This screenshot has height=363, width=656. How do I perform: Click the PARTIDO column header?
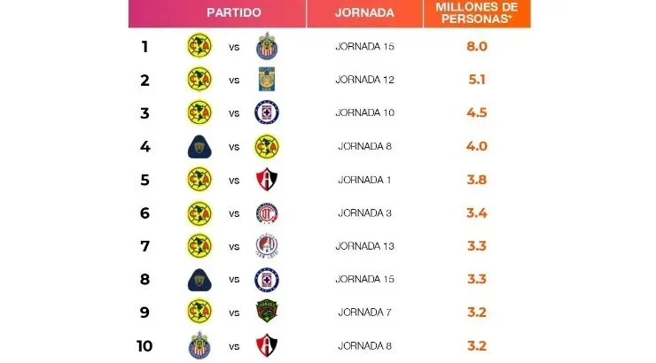click(x=233, y=13)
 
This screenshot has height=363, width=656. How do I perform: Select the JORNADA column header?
click(x=364, y=13)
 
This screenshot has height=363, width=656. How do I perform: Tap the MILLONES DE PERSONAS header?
click(x=476, y=13)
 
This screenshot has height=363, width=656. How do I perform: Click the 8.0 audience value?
click(x=477, y=46)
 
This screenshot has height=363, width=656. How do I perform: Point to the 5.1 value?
click(x=477, y=80)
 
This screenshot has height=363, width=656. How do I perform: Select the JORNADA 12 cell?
click(x=364, y=80)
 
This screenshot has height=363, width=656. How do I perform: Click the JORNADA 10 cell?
click(x=364, y=112)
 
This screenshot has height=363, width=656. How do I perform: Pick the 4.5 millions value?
click(x=477, y=112)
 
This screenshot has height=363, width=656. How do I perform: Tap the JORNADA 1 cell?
click(x=364, y=179)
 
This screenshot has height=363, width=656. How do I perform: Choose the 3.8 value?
click(x=477, y=179)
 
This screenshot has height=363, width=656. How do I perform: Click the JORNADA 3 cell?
click(x=364, y=212)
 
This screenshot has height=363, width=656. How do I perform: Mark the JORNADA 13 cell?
click(x=364, y=245)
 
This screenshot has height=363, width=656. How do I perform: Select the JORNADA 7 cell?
click(x=364, y=312)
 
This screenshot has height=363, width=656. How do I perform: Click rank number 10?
click(x=144, y=345)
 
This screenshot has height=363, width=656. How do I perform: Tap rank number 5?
click(x=144, y=179)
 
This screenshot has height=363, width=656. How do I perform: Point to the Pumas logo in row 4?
click(x=199, y=146)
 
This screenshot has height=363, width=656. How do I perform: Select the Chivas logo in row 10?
click(x=199, y=345)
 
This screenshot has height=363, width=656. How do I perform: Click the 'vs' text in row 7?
click(x=234, y=245)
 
